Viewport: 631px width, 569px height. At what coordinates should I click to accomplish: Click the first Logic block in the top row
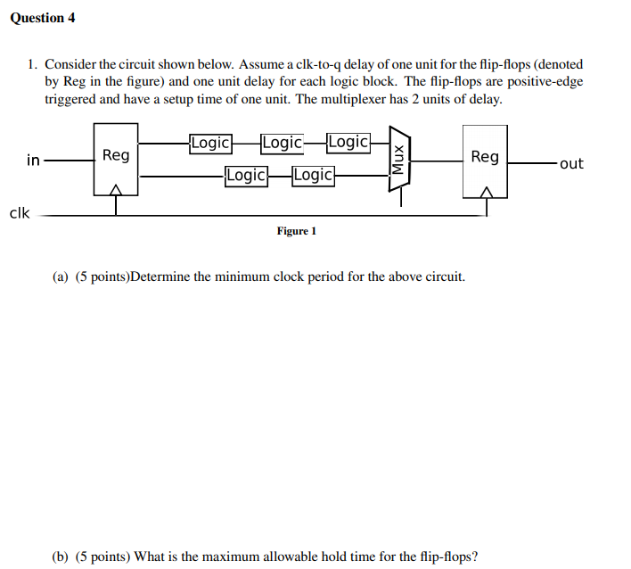[210, 143]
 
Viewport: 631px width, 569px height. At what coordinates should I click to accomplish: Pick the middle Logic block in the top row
[282, 143]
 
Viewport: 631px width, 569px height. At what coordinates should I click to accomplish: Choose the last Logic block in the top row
[348, 143]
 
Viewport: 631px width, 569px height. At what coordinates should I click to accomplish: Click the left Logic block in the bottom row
[246, 175]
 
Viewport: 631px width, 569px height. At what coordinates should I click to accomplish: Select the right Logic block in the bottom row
[313, 175]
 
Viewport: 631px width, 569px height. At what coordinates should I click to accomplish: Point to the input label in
[33, 161]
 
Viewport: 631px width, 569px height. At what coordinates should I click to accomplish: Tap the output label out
[571, 163]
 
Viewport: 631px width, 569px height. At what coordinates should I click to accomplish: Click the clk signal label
[19, 213]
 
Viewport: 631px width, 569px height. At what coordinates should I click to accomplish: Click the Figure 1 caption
[296, 231]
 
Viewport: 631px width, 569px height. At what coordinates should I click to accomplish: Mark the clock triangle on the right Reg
[486, 191]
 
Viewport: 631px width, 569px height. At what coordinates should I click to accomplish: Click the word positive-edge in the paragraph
[549, 81]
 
